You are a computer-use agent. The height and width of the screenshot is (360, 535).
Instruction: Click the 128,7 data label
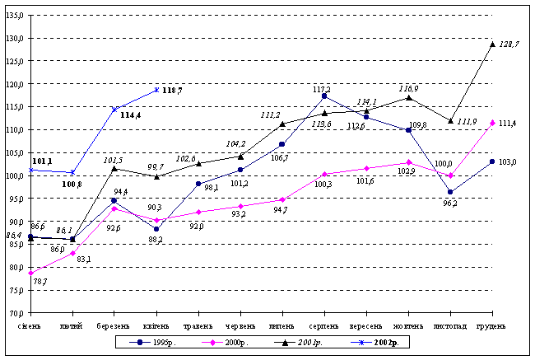point(510,44)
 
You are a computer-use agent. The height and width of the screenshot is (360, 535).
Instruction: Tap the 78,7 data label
point(40,281)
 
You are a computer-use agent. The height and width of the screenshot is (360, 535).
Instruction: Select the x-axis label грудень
point(492,326)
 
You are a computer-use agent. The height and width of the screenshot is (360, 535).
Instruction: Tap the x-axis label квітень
point(156,326)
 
